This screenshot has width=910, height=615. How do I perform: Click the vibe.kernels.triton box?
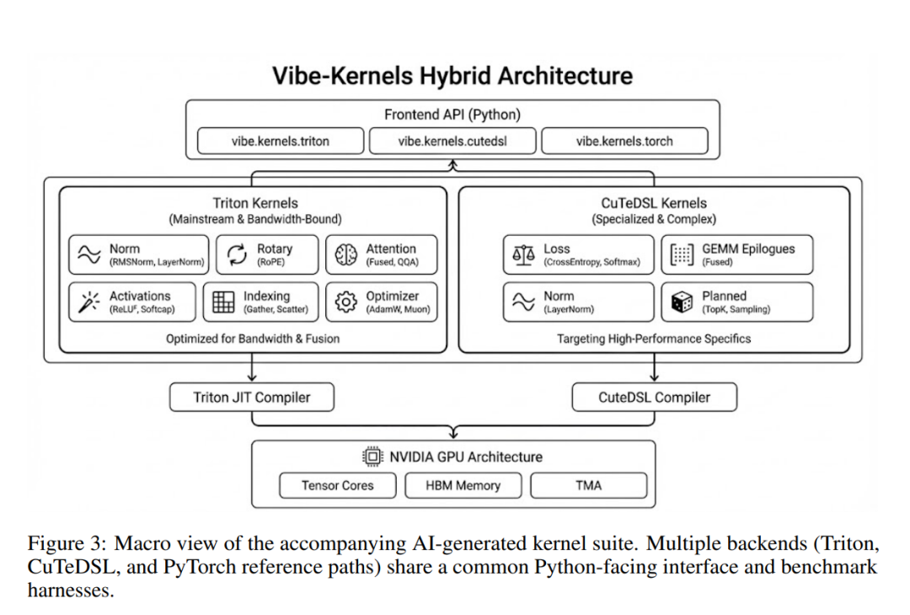[x=281, y=141]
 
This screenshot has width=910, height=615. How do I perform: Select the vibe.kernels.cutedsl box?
[x=452, y=141]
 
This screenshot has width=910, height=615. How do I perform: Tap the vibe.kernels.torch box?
[x=624, y=141]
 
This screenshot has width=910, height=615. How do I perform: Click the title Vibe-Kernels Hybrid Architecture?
[x=452, y=76]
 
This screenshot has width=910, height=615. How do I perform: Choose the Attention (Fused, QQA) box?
[x=382, y=254]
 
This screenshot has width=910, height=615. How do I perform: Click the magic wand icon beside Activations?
[x=88, y=302]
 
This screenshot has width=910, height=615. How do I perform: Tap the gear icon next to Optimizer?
[x=346, y=302]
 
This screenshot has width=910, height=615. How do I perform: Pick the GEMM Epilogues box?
[x=737, y=254]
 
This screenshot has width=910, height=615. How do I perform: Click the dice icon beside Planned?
[x=682, y=302]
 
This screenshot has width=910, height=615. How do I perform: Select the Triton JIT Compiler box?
[x=251, y=398]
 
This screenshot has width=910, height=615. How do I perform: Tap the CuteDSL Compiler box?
[x=654, y=398]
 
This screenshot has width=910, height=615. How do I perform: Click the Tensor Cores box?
[x=337, y=485]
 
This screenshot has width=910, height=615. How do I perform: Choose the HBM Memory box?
[x=463, y=485]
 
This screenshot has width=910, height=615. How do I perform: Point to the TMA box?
[x=588, y=485]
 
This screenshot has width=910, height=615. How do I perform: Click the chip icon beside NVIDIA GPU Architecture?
[x=372, y=457]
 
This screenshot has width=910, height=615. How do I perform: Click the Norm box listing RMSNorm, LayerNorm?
[x=137, y=254]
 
